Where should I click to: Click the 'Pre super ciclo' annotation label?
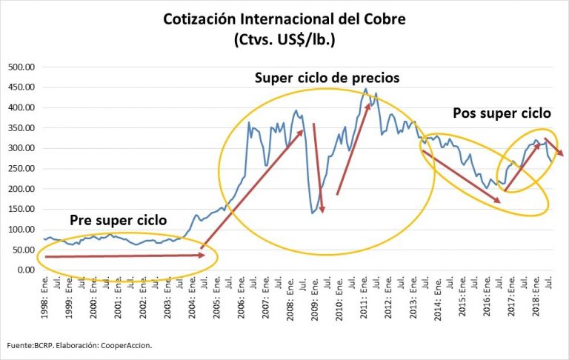pyautogui.click(x=119, y=220)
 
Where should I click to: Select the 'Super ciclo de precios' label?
pyautogui.click(x=327, y=78)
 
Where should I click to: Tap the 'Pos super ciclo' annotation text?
pyautogui.click(x=502, y=114)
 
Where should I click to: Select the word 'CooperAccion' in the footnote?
pyautogui.click(x=128, y=345)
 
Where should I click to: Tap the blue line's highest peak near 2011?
pyautogui.click(x=365, y=89)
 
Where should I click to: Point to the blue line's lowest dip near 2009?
pyautogui.click(x=312, y=213)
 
